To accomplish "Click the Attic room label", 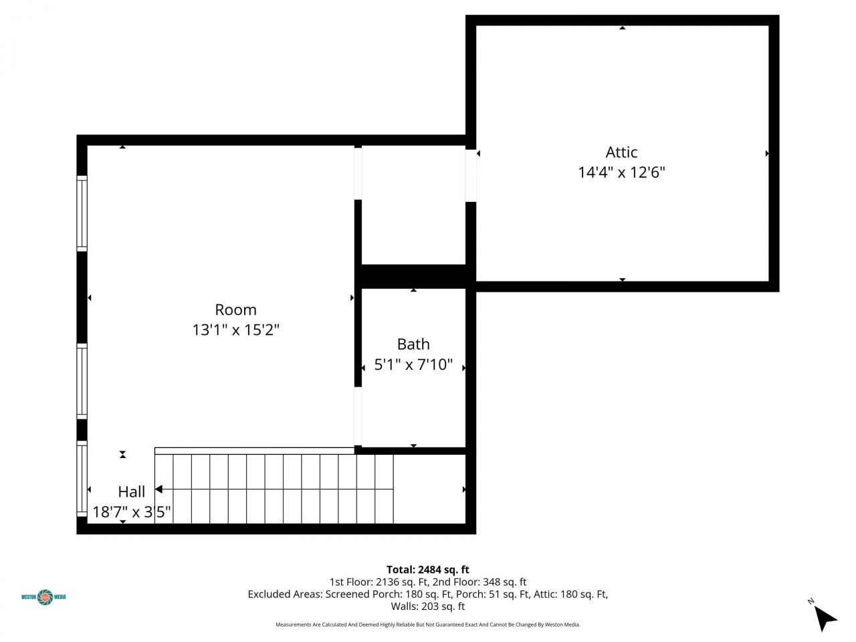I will click(621, 152).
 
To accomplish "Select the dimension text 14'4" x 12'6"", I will click(621, 173).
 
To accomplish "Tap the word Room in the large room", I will click(235, 310).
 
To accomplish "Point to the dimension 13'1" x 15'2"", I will click(235, 330).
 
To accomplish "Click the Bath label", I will click(413, 344).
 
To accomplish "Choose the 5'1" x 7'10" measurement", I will click(413, 365).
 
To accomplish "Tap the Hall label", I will click(132, 492).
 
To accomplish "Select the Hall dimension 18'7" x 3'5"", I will click(132, 512).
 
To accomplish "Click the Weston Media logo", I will click(44, 596).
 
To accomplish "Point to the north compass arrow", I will click(826, 617).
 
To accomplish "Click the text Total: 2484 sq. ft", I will click(428, 570).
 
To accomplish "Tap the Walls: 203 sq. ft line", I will click(428, 607).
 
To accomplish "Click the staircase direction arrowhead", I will click(158, 490).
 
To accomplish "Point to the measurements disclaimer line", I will click(428, 625).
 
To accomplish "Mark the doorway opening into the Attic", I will click(471, 175).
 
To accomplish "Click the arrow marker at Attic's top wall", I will click(623, 28).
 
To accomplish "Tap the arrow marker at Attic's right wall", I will click(767, 154).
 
